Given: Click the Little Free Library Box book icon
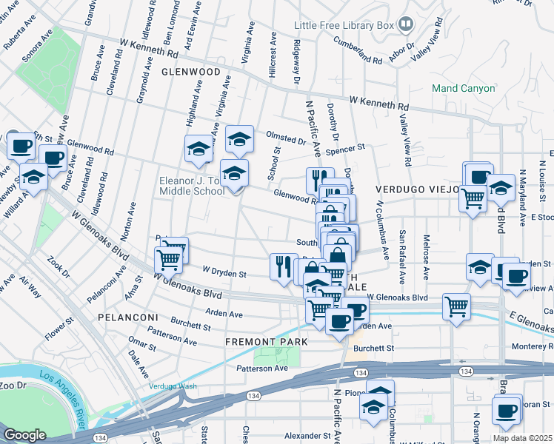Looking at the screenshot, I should click(406, 25).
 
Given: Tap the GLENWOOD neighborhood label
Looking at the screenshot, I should click(191, 72).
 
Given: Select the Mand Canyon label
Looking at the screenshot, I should click(464, 88).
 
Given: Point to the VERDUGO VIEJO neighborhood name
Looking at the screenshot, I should click(415, 189).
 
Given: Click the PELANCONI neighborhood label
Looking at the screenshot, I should click(127, 317).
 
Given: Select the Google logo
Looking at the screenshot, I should click(24, 435).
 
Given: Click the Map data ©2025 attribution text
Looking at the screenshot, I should click(523, 438).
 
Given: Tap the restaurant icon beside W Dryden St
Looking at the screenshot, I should click(284, 266).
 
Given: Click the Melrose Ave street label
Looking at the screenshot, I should click(425, 263).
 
